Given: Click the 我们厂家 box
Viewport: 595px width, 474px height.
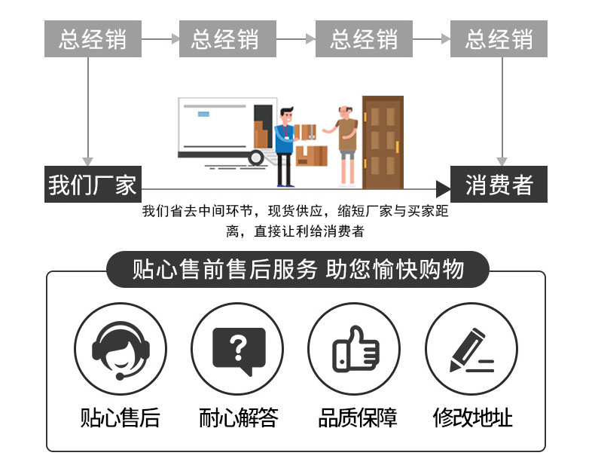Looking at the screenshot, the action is coord(93,184).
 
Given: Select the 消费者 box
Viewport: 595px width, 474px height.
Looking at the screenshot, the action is coord(499,184).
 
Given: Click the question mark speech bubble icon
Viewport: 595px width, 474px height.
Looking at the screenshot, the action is coord(238,350).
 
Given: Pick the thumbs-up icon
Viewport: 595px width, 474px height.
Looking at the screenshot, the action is coord(355,350).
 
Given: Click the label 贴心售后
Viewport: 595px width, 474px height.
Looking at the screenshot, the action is coord(120,417).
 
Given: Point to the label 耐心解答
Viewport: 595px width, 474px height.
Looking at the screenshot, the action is coord(238,417).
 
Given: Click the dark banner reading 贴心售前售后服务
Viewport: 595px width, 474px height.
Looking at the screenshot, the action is coord(297,269).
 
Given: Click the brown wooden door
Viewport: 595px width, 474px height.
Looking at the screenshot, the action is coord(382,142).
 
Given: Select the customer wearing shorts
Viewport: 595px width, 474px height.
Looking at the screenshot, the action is coord(346,143).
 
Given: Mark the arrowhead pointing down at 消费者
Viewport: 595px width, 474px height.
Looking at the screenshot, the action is coord(502,161).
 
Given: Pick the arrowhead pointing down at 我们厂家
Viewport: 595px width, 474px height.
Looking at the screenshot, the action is coord(89,161).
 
